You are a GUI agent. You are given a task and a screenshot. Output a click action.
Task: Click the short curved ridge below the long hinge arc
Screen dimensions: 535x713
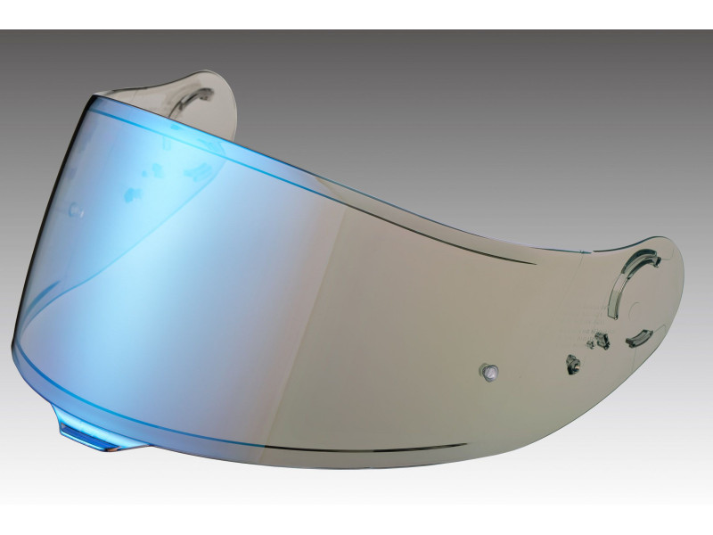[x=640, y=339]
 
